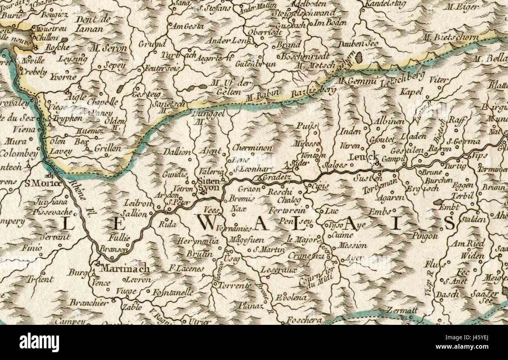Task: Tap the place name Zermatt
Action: [402, 310]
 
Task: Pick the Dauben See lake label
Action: [358, 43]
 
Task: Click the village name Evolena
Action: [291, 297]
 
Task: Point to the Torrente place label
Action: [234, 285]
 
